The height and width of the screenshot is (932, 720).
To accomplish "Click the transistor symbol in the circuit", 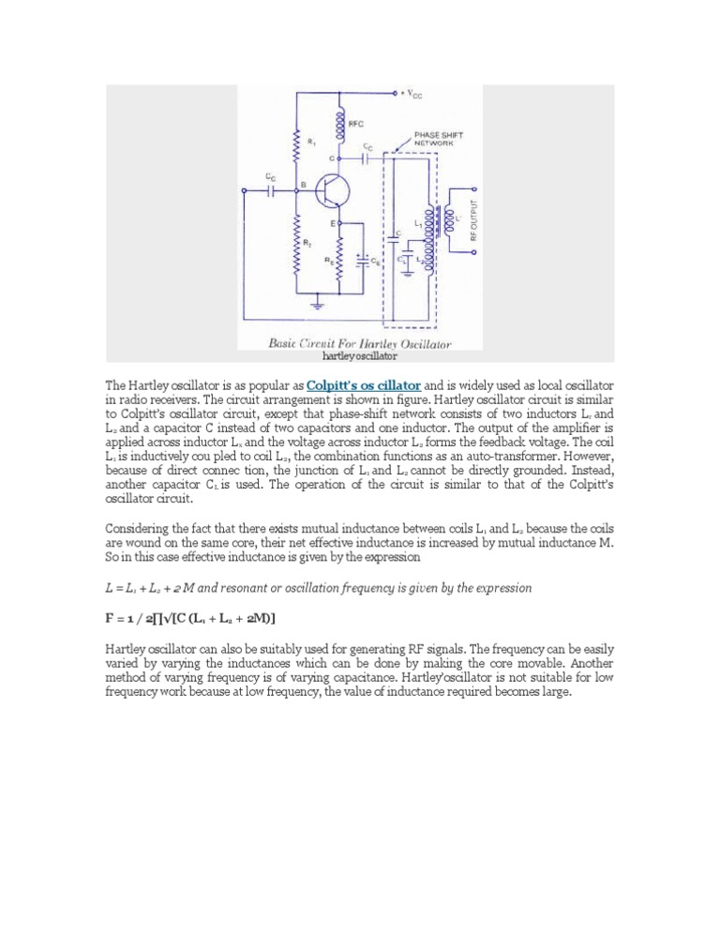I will (327, 192).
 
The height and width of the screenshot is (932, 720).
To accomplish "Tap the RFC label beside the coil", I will (356, 123).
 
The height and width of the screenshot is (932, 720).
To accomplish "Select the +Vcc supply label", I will (412, 94).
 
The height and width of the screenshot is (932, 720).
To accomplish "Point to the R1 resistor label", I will (312, 142).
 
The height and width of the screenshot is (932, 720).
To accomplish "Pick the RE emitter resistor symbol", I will (339, 262).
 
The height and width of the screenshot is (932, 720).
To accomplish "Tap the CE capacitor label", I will (375, 263).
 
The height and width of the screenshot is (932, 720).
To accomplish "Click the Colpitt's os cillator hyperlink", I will (363, 385).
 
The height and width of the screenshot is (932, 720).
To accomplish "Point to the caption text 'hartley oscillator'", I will (359, 356).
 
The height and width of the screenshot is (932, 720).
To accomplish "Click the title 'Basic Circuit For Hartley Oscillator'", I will (360, 344).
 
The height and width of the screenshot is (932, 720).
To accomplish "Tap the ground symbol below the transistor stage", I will (320, 305).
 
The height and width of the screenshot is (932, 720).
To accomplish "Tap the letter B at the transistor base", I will (302, 184).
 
